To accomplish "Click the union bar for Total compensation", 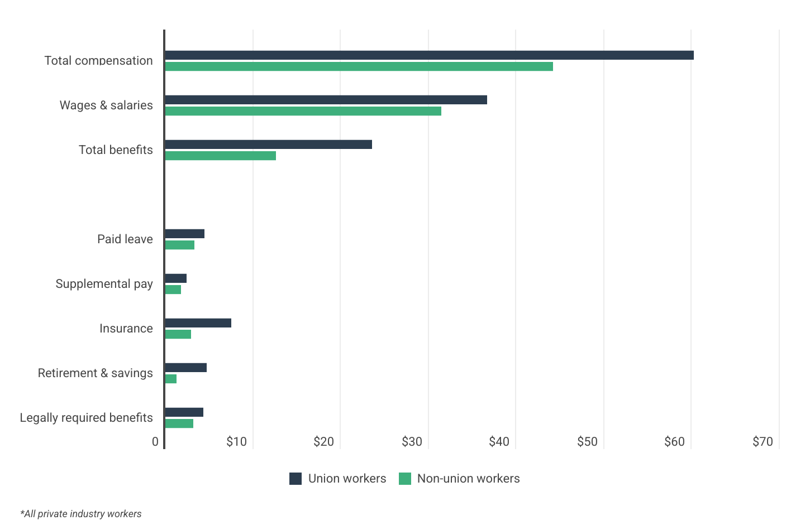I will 429,55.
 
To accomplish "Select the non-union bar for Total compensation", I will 359,66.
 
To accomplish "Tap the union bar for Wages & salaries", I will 326,100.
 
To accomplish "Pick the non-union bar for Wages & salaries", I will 303,111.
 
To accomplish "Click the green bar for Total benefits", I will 220,156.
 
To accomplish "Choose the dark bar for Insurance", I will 198,323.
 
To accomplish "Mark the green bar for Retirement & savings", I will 171,379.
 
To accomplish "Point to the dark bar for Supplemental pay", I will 175,278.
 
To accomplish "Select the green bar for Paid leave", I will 179,245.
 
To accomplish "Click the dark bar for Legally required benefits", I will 184,412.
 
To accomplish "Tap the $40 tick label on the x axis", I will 499,442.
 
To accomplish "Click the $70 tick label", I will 763,442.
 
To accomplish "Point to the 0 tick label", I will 155,442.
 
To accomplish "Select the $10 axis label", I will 236,442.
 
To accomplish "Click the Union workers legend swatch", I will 296,479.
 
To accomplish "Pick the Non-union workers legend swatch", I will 405,479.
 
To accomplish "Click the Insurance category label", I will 126,329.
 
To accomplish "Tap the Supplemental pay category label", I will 104,284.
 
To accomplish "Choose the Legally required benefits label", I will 86,418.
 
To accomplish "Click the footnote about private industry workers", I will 81,514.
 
